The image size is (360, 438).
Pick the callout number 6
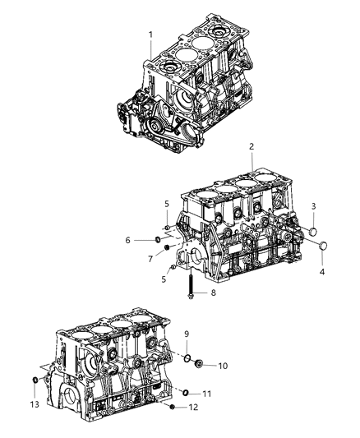(128, 239)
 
